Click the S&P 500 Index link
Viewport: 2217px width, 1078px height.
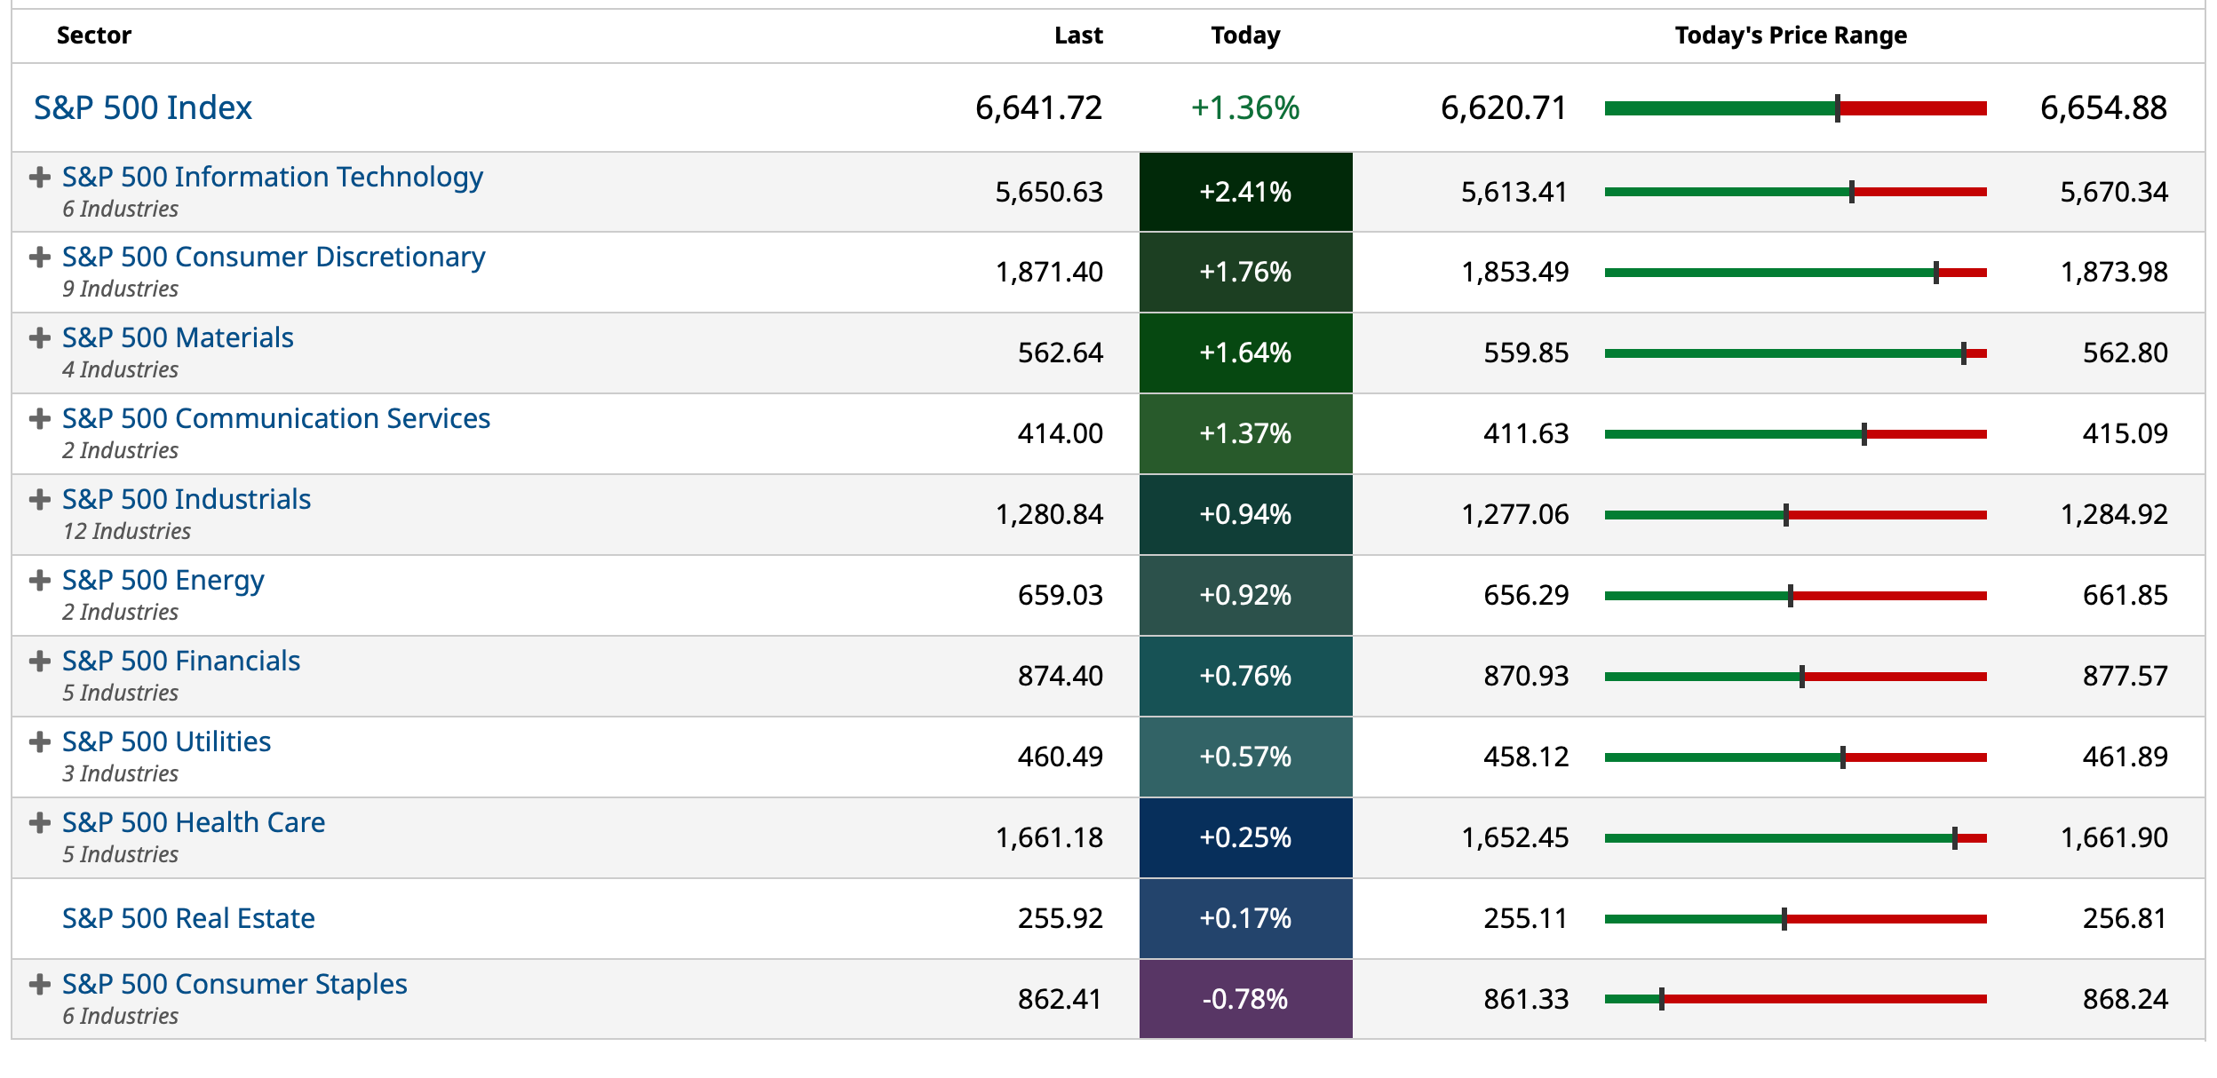tap(142, 108)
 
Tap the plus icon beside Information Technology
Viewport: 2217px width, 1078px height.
tap(39, 177)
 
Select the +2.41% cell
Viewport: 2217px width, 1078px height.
tap(1244, 192)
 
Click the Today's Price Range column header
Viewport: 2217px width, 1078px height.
tap(1790, 36)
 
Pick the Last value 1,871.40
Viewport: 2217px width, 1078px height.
tap(1049, 272)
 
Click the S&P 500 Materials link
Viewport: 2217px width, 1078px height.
tap(178, 337)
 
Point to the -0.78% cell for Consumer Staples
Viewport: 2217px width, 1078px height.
tap(1244, 999)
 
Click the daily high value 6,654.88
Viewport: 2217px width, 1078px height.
tap(2102, 108)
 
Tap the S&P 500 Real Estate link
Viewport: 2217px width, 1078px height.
tap(188, 918)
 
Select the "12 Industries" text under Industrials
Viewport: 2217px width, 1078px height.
tap(126, 531)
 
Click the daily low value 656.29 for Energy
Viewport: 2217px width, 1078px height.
tap(1525, 595)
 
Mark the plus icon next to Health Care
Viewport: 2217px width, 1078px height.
tap(39, 822)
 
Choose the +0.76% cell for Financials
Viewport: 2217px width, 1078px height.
tap(1244, 676)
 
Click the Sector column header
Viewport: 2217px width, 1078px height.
tap(93, 36)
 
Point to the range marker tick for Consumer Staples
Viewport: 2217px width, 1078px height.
tap(1661, 999)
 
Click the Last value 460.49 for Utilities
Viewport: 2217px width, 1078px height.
tap(1060, 757)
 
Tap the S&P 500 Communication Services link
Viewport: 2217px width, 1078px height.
tap(275, 418)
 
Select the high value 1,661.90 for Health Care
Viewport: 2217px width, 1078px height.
tap(2113, 837)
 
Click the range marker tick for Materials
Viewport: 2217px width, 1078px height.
tap(1963, 353)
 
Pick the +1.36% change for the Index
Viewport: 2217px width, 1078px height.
tap(1244, 108)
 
